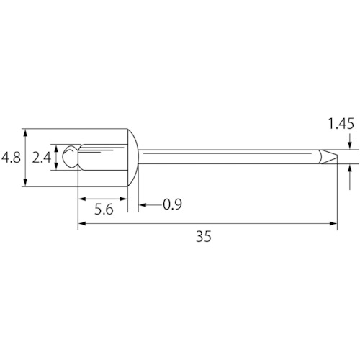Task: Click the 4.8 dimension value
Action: tap(11, 158)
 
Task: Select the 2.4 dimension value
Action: tap(42, 158)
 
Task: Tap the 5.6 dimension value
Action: tap(104, 210)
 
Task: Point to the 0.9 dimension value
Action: tap(172, 204)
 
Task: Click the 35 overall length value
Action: tap(204, 237)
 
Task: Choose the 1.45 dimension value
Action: tap(341, 124)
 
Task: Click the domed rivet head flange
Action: tap(132, 158)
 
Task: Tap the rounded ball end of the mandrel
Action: tap(70, 156)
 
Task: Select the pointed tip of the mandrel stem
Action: tap(337, 157)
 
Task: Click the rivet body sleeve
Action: tap(103, 158)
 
